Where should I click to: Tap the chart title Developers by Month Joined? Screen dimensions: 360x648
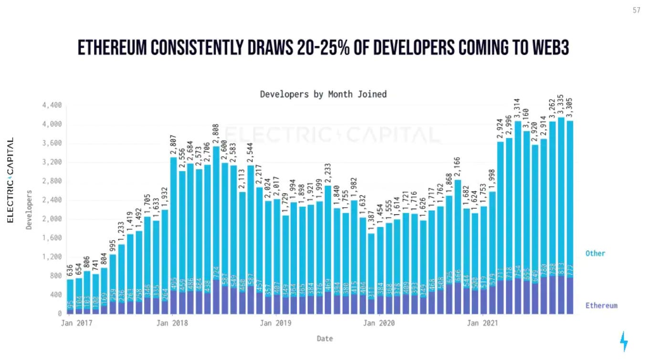tap(323, 94)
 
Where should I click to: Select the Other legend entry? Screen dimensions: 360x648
tap(595, 253)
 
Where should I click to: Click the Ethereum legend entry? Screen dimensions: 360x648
tap(601, 306)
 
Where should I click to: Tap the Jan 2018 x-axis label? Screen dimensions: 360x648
tap(172, 323)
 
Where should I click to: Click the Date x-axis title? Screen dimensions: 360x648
tap(324, 339)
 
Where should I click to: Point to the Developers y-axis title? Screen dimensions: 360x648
tap(29, 210)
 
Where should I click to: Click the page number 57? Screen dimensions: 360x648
tap(637, 11)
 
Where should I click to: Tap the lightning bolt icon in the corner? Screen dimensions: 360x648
tap(624, 341)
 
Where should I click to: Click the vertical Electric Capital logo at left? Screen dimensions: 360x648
tap(10, 180)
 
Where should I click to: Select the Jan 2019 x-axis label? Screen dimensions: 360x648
tap(275, 323)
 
